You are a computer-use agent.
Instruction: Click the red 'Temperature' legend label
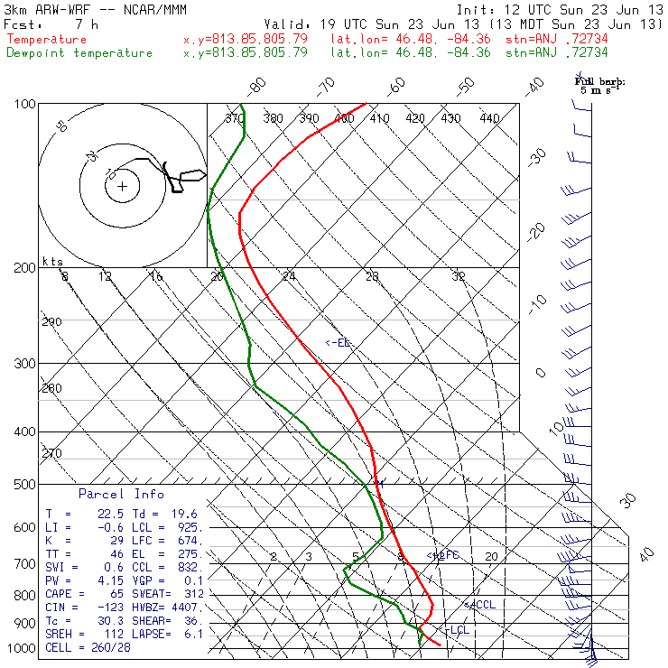[x=47, y=40]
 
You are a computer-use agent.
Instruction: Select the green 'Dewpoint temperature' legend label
[x=79, y=53]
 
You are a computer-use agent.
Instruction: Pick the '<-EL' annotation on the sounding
[x=338, y=343]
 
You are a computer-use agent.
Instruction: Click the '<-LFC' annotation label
[x=443, y=555]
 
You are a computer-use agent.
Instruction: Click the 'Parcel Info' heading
[x=121, y=495]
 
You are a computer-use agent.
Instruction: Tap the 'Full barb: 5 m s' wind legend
[x=599, y=86]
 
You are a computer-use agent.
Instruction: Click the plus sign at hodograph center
[x=122, y=187]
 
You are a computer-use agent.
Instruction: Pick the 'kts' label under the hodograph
[x=52, y=262]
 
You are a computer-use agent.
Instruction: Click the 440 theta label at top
[x=489, y=118]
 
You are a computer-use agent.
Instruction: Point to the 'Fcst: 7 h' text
[x=50, y=23]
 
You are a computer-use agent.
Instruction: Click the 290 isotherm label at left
[x=52, y=322]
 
